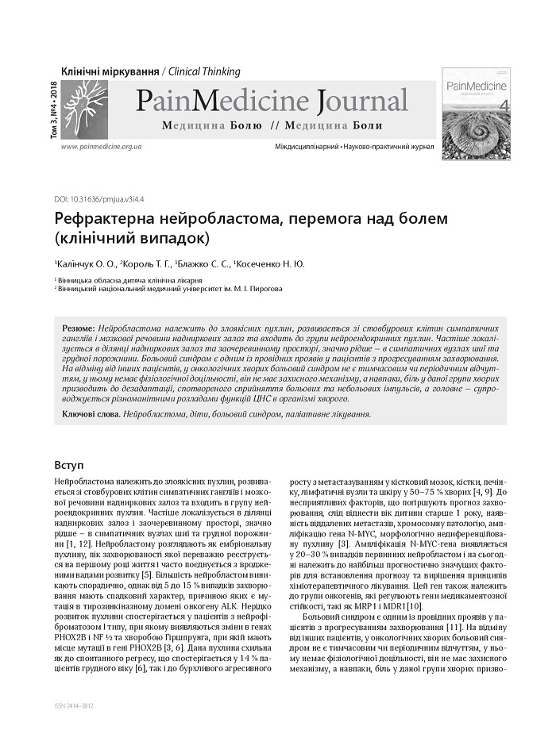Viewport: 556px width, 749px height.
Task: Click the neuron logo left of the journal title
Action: click(x=84, y=109)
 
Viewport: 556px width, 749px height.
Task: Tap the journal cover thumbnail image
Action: click(x=476, y=113)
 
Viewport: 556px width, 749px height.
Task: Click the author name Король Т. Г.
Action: click(x=146, y=263)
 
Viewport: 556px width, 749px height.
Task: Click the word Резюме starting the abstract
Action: click(x=79, y=328)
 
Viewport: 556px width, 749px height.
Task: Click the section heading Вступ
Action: click(x=68, y=464)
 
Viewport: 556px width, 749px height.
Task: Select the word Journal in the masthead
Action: click(x=361, y=102)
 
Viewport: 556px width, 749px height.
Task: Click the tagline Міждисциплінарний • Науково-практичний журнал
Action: click(x=354, y=148)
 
